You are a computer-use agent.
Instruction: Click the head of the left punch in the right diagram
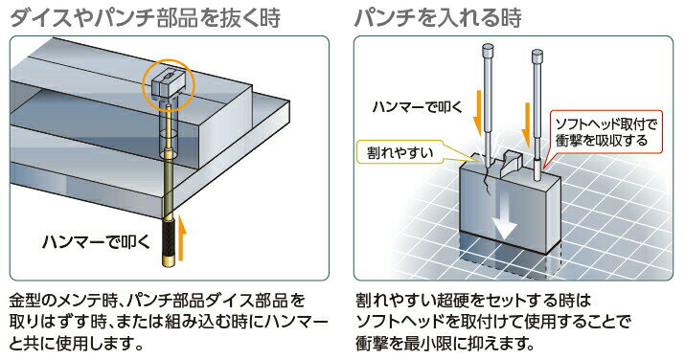[488, 49]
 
